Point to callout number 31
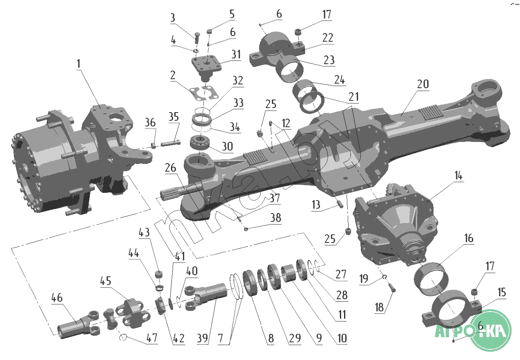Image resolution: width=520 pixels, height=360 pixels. coord(236,54)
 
